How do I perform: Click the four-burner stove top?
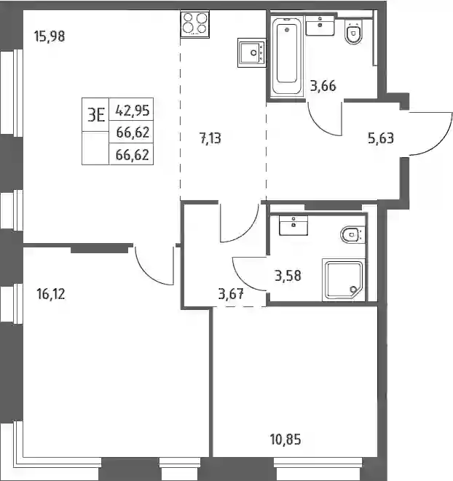click(x=194, y=24)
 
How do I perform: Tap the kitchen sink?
click(x=251, y=52)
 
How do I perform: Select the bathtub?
click(x=286, y=55)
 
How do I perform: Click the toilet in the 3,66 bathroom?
click(x=353, y=32)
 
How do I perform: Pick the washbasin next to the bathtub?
click(x=320, y=26)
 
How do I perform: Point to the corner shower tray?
click(x=343, y=280)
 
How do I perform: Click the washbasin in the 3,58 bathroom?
click(x=294, y=225)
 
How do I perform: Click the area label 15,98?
click(x=50, y=36)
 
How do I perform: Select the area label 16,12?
click(x=51, y=294)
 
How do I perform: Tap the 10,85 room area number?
click(x=285, y=440)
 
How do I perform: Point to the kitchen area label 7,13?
click(x=210, y=138)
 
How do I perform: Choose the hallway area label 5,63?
click(x=380, y=138)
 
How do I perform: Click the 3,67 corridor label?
click(x=231, y=294)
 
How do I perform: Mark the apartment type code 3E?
click(x=96, y=115)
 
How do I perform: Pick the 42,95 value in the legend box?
click(x=133, y=110)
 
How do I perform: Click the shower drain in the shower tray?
click(x=353, y=289)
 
